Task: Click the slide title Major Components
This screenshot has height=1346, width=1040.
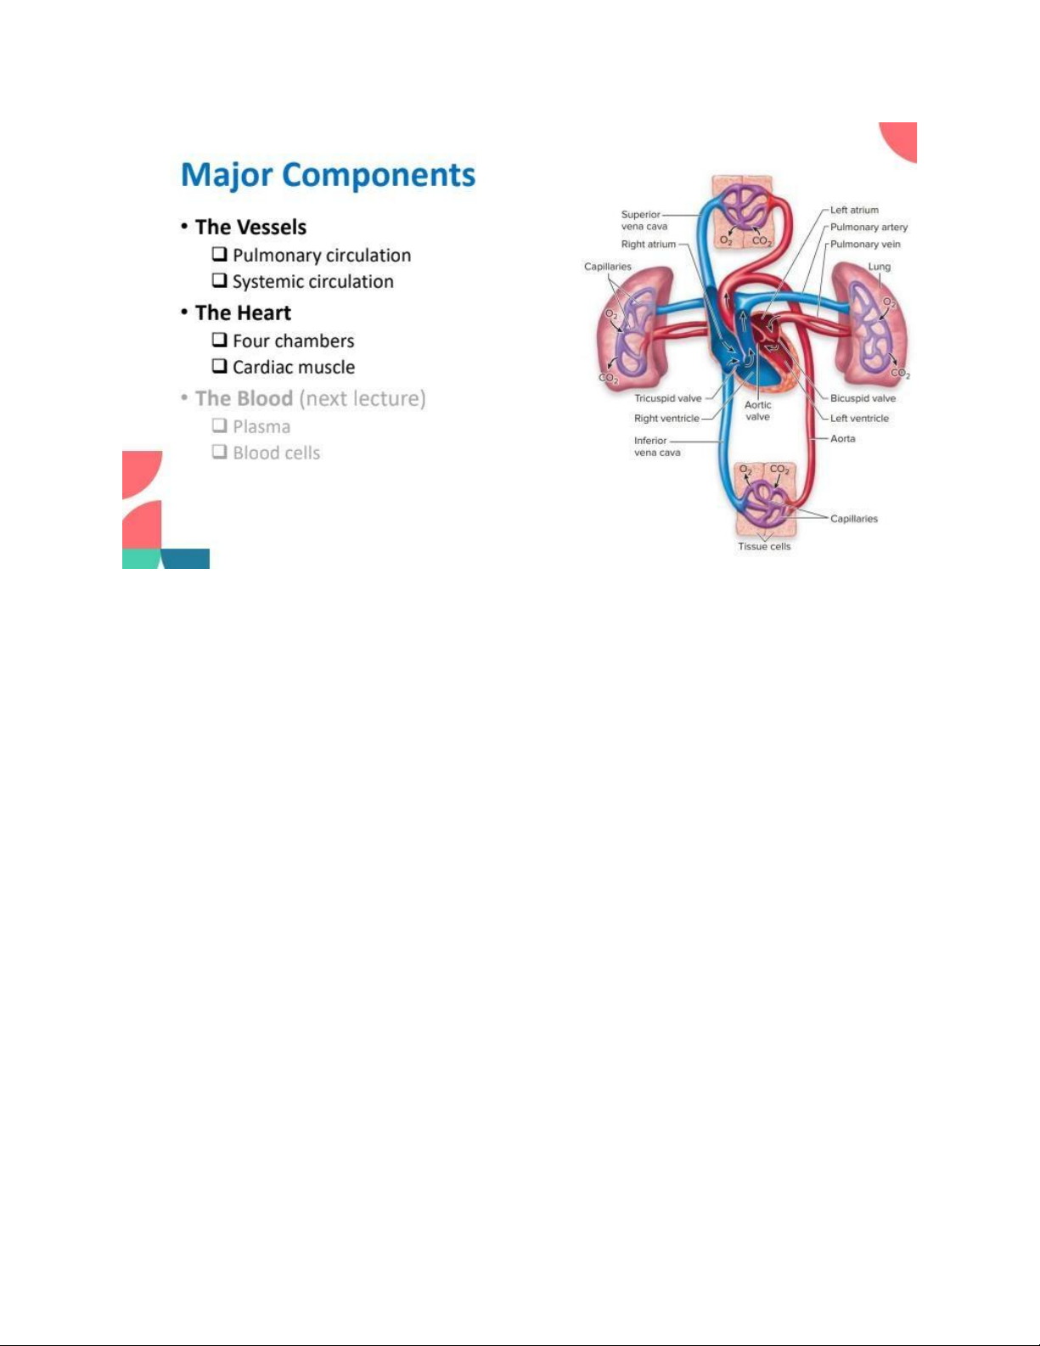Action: (x=328, y=175)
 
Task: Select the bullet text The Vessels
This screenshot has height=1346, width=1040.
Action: (x=250, y=228)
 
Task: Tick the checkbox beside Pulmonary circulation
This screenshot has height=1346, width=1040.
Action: (x=219, y=254)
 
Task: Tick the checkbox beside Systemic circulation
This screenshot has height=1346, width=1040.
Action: (x=219, y=280)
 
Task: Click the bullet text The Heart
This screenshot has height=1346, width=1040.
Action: (x=244, y=313)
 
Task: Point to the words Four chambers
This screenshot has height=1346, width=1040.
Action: (x=294, y=341)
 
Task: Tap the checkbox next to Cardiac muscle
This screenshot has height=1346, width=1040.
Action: (x=219, y=365)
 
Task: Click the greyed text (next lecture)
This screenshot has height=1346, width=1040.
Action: (x=363, y=399)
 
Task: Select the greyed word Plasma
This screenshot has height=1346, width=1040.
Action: (x=261, y=427)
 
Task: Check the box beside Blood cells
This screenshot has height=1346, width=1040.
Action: (x=219, y=452)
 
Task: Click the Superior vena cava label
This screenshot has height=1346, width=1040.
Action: (x=644, y=221)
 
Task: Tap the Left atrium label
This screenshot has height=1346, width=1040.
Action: (x=854, y=210)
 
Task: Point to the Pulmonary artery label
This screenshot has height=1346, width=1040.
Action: (x=869, y=228)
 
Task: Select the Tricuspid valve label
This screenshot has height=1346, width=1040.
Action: (x=668, y=398)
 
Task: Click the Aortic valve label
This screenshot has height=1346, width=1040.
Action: (x=757, y=411)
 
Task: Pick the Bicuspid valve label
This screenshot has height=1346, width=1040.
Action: (x=863, y=398)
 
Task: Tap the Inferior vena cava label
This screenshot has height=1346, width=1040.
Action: (x=657, y=447)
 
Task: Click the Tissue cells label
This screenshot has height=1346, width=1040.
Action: (x=764, y=546)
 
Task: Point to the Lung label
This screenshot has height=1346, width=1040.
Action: (x=879, y=267)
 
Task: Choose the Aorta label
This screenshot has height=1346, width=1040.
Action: (x=842, y=438)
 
